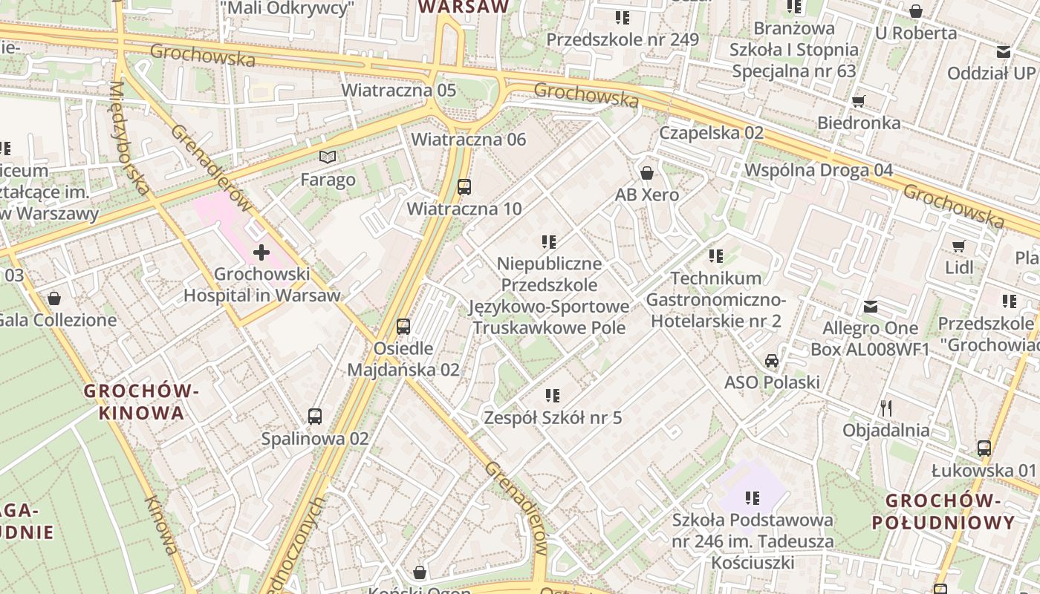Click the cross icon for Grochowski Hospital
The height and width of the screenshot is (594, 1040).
click(x=261, y=252)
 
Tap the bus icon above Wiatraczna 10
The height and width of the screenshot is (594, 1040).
click(x=464, y=187)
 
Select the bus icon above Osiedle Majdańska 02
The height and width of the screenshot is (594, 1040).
click(x=403, y=326)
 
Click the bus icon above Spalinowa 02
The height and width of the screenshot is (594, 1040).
click(x=315, y=417)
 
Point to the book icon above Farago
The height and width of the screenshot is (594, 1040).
click(x=328, y=157)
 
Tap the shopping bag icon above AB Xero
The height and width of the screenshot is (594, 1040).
click(x=647, y=173)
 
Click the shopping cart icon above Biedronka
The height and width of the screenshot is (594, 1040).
click(x=859, y=101)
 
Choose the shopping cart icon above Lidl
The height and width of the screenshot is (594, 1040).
click(x=959, y=245)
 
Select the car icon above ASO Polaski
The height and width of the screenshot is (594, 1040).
click(x=772, y=361)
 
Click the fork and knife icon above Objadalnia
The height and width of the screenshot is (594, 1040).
click(x=885, y=408)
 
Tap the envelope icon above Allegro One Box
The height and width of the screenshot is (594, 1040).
click(x=871, y=306)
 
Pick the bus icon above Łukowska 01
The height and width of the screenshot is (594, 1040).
click(x=984, y=448)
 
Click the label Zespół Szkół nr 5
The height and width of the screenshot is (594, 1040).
click(x=553, y=418)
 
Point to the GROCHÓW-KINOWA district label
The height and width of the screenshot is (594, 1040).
click(x=141, y=402)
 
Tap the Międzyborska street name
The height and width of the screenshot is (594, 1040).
click(x=129, y=138)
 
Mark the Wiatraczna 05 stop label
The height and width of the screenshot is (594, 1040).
click(x=398, y=90)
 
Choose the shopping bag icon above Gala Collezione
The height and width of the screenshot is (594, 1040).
click(x=54, y=299)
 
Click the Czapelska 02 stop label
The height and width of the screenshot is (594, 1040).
click(x=711, y=133)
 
